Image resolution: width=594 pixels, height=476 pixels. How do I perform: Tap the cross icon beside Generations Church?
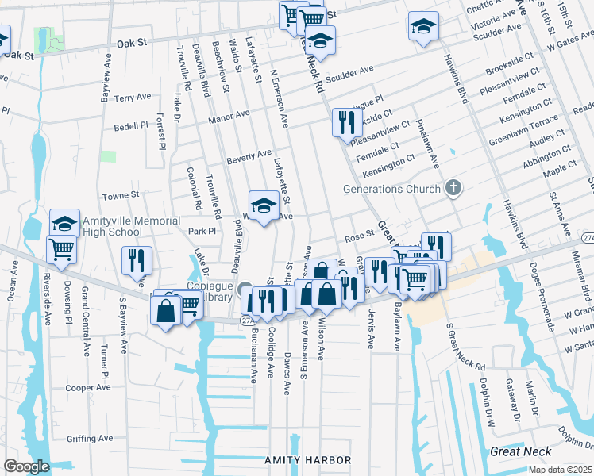(x=453, y=189)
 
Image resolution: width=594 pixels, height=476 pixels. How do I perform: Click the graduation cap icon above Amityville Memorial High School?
(x=65, y=223)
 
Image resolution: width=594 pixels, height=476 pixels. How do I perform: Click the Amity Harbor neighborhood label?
(x=307, y=460)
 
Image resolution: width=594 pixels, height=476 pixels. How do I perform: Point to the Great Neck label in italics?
(x=520, y=451)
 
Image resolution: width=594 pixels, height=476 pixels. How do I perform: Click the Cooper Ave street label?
(x=88, y=388)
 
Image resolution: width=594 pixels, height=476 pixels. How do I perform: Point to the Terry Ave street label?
(x=133, y=98)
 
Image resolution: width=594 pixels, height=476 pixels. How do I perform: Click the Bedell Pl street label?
(x=131, y=125)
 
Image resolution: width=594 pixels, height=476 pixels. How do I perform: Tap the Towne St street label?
(x=121, y=194)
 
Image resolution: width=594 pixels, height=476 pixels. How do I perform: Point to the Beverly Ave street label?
(x=249, y=156)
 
